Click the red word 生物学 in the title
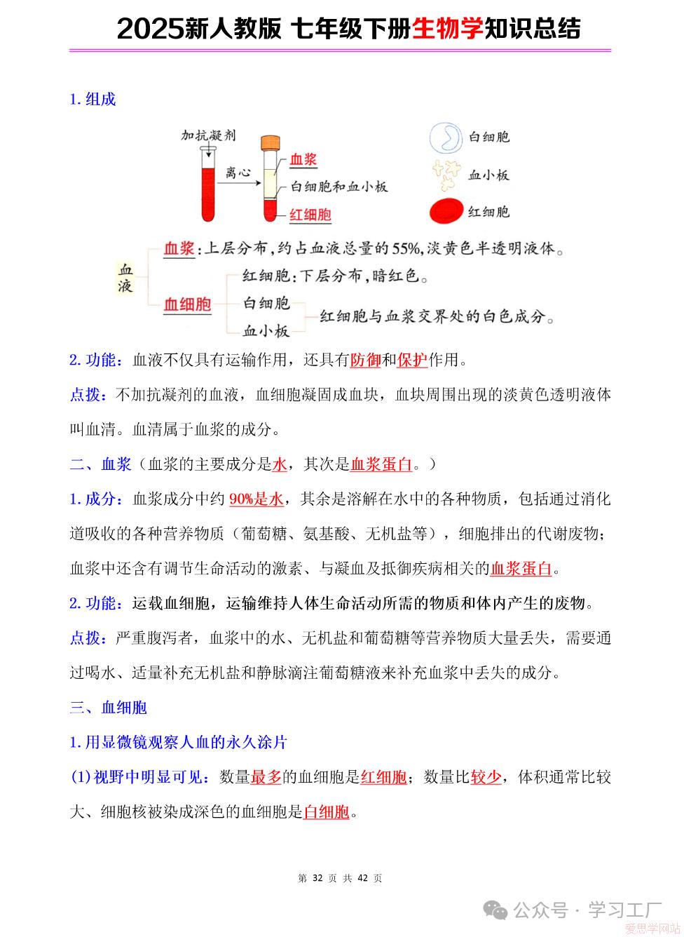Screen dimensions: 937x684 point(448,29)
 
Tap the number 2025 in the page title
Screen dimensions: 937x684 point(149,29)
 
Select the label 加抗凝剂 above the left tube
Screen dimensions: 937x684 point(208,135)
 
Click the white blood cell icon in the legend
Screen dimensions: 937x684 point(445,137)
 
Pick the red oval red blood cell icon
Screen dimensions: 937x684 point(445,211)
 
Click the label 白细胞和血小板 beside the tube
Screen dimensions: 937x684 point(338,187)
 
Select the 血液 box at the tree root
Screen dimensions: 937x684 point(125,278)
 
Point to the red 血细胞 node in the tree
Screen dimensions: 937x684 point(187,304)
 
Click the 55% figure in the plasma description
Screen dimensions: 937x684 point(407,248)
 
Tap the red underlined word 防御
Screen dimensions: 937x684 point(365,360)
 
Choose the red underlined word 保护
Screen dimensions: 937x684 point(412,360)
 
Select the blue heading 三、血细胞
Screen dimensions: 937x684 point(109,707)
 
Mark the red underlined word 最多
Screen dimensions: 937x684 point(266,776)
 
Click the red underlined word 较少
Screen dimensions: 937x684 point(486,776)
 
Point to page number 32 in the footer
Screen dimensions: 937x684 point(317,878)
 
